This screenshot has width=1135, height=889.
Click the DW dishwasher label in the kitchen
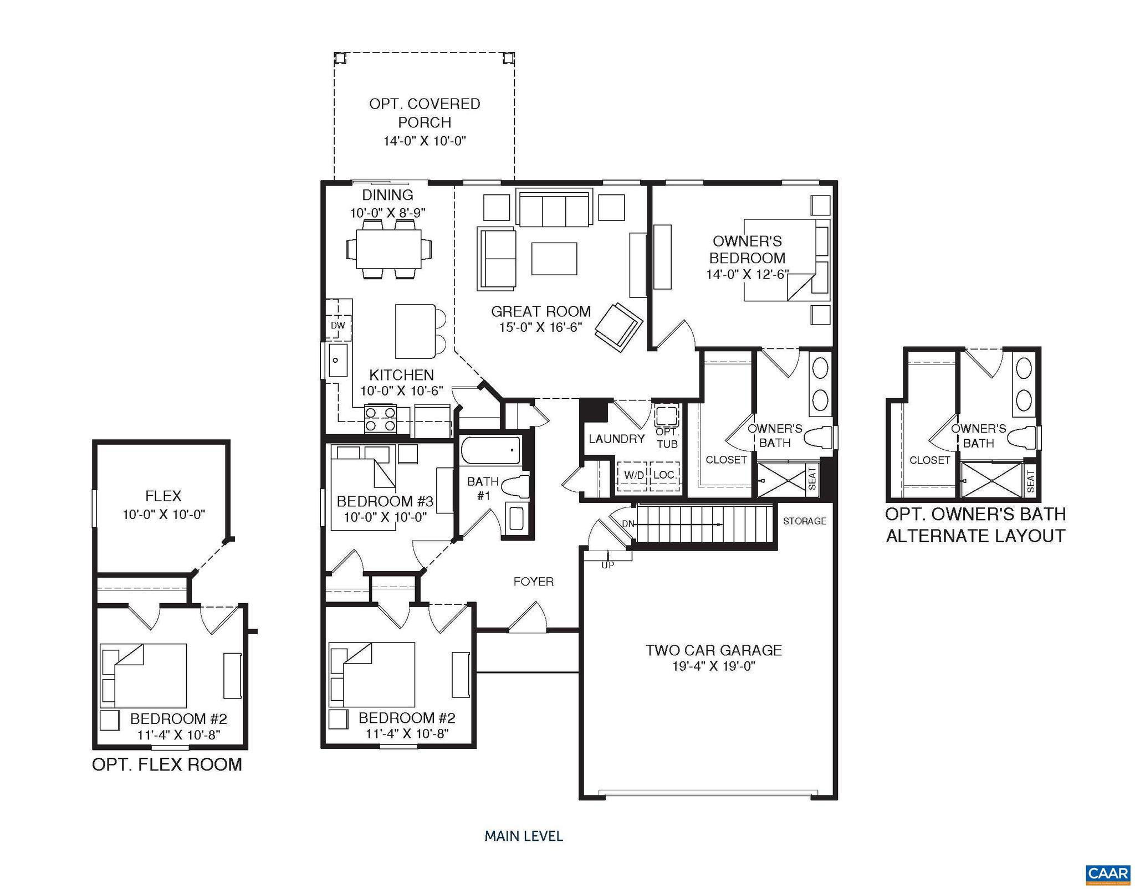pyautogui.click(x=338, y=326)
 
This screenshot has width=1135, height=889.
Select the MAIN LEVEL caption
pyautogui.click(x=524, y=836)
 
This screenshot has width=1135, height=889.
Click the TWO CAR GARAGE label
pyautogui.click(x=713, y=650)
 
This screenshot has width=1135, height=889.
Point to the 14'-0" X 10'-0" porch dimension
pyautogui.click(x=425, y=141)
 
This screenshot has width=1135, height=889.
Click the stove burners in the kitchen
pyautogui.click(x=380, y=419)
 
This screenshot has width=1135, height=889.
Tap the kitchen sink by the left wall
pyautogui.click(x=336, y=361)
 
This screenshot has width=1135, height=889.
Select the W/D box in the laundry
pyautogui.click(x=633, y=475)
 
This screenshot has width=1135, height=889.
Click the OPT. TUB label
pyautogui.click(x=667, y=438)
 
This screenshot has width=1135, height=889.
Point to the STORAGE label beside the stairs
pyautogui.click(x=804, y=521)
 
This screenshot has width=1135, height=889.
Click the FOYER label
pyautogui.click(x=533, y=582)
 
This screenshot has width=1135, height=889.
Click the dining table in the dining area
pyautogui.click(x=388, y=249)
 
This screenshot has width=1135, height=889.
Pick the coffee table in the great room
pyautogui.click(x=554, y=259)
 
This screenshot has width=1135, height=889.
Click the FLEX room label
pyautogui.click(x=163, y=496)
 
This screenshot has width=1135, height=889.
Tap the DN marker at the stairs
pyautogui.click(x=627, y=524)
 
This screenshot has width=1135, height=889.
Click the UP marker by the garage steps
pyautogui.click(x=608, y=565)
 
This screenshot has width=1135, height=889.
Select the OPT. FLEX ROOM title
pyautogui.click(x=167, y=764)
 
